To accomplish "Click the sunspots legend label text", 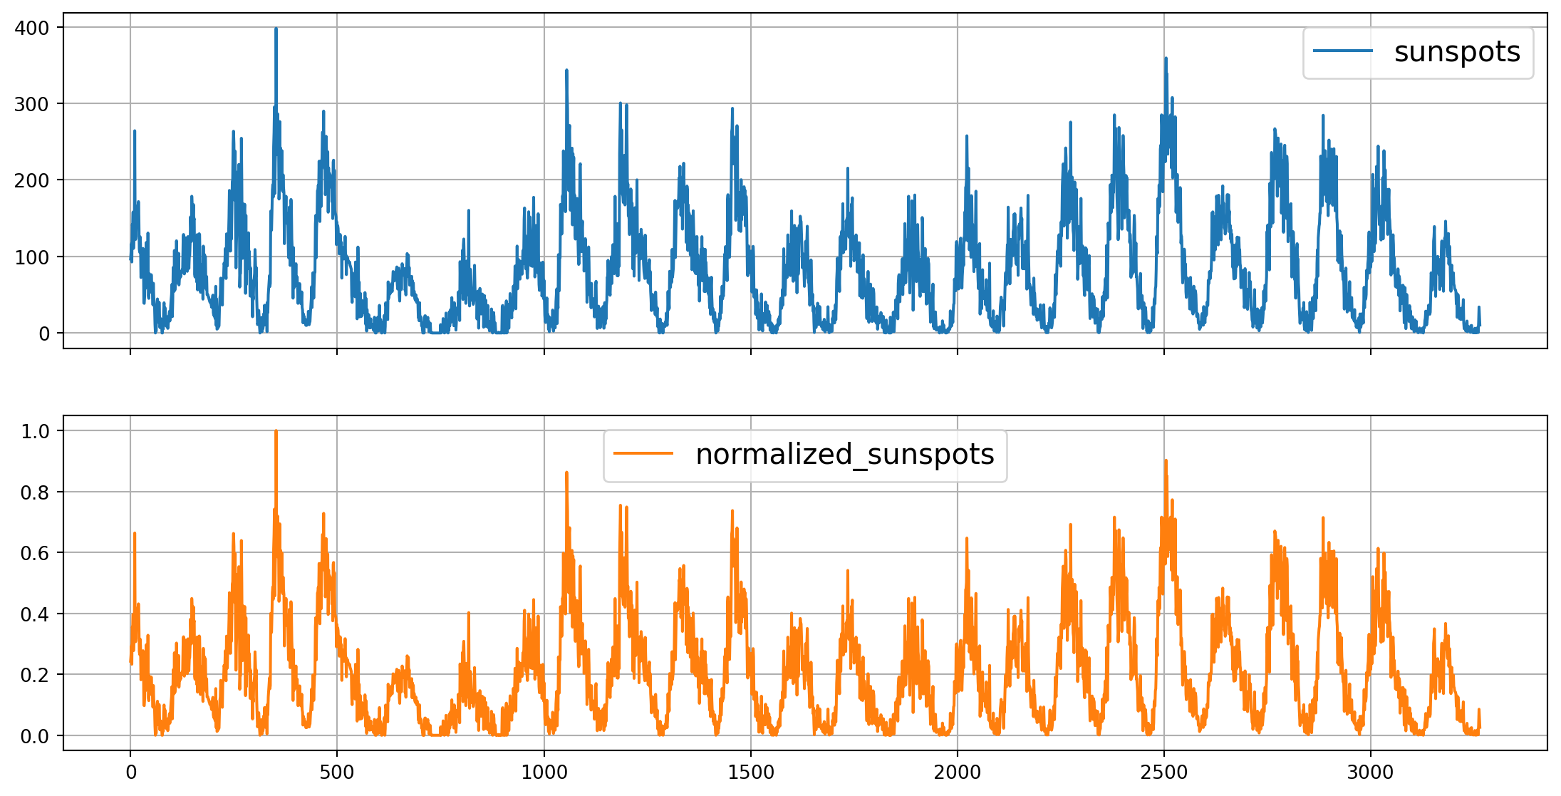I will point(1457,52).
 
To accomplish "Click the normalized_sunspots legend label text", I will point(844,455).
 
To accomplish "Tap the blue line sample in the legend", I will point(1342,51).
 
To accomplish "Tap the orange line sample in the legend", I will point(643,453).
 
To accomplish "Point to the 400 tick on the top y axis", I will point(32,28).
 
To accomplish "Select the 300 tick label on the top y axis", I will point(32,104).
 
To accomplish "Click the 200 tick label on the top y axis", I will point(32,180).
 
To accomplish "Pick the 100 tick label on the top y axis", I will point(32,257).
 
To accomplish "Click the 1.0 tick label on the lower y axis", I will point(35,431).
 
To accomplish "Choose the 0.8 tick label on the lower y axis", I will point(35,492).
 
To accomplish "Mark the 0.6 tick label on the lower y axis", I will point(35,553).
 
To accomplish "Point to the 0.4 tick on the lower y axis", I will point(35,614).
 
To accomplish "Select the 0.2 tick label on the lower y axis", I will point(35,675).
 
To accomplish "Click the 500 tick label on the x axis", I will point(337,772).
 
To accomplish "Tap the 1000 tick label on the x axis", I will point(544,772).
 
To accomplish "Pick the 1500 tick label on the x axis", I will point(751,772).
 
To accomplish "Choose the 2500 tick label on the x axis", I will point(1164,772).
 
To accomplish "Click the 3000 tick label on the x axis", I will point(1371,772).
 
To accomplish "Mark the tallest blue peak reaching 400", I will point(276,30).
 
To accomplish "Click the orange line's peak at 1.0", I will point(276,432).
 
